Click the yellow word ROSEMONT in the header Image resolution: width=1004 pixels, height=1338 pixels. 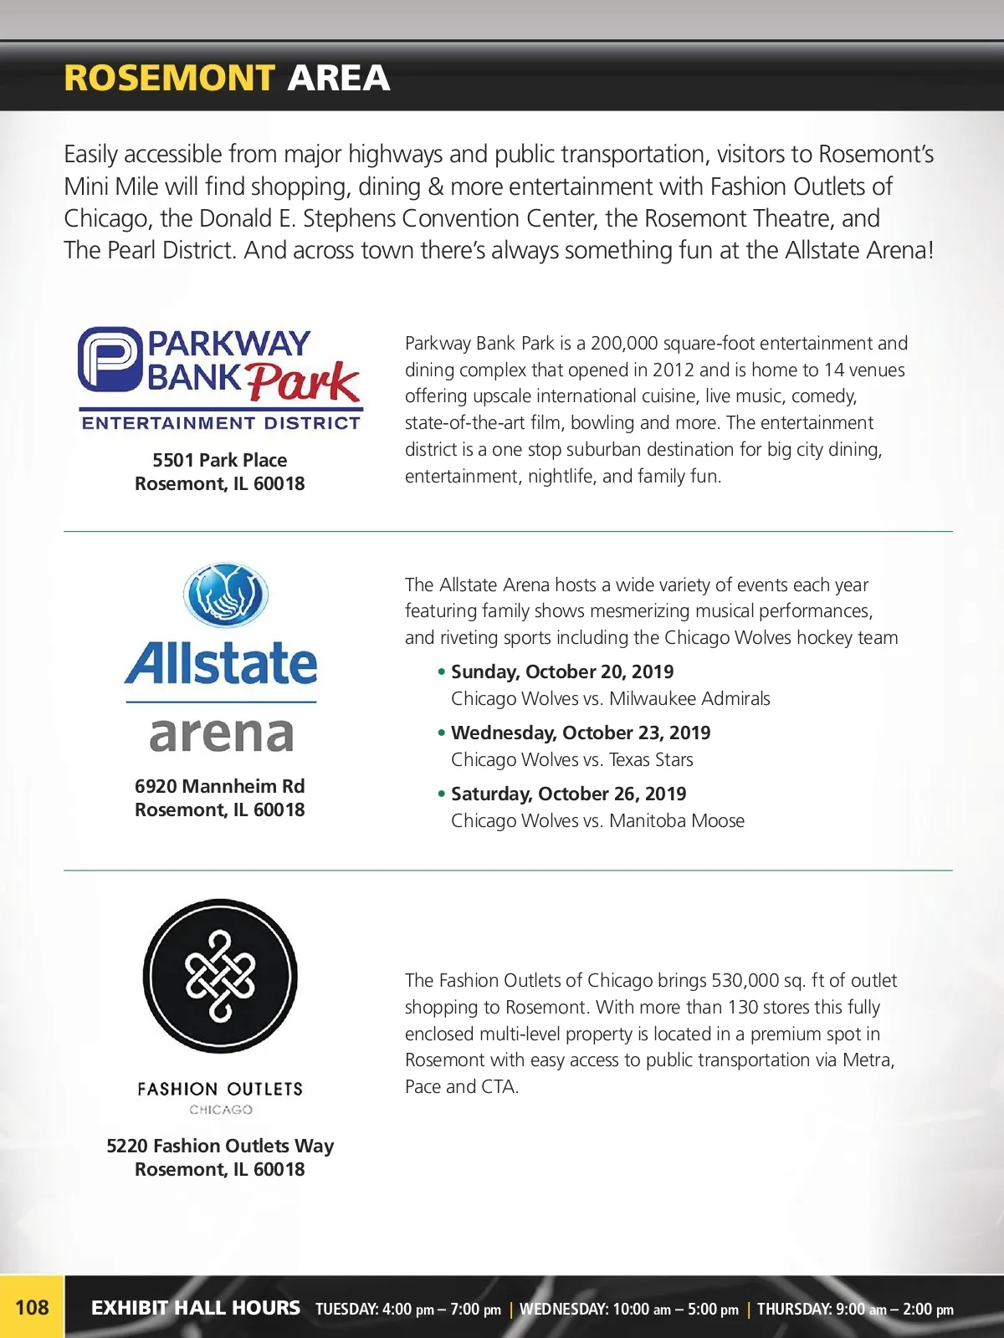[169, 79]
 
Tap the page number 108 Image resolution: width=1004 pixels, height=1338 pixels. [32, 1307]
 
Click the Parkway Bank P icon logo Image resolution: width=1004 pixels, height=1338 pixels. [109, 360]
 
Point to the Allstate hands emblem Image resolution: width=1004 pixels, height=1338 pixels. [225, 595]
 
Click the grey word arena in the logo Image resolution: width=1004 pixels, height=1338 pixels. [221, 734]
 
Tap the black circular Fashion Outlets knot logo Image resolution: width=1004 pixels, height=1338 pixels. [220, 976]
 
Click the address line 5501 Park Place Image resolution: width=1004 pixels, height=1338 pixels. [219, 460]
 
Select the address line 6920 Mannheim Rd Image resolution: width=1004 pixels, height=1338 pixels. [219, 786]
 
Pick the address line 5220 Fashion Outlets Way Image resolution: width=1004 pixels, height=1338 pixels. [219, 1146]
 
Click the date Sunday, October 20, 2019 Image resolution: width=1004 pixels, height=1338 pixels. [562, 672]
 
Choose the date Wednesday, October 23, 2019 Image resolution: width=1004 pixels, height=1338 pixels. [581, 733]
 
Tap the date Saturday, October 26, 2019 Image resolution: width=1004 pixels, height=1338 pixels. [568, 794]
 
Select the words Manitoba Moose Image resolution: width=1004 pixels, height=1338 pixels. [676, 820]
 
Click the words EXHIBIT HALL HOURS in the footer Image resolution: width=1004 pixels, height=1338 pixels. [195, 1308]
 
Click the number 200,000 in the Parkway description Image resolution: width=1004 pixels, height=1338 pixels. [624, 343]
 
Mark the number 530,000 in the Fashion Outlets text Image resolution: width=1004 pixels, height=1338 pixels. [745, 980]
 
